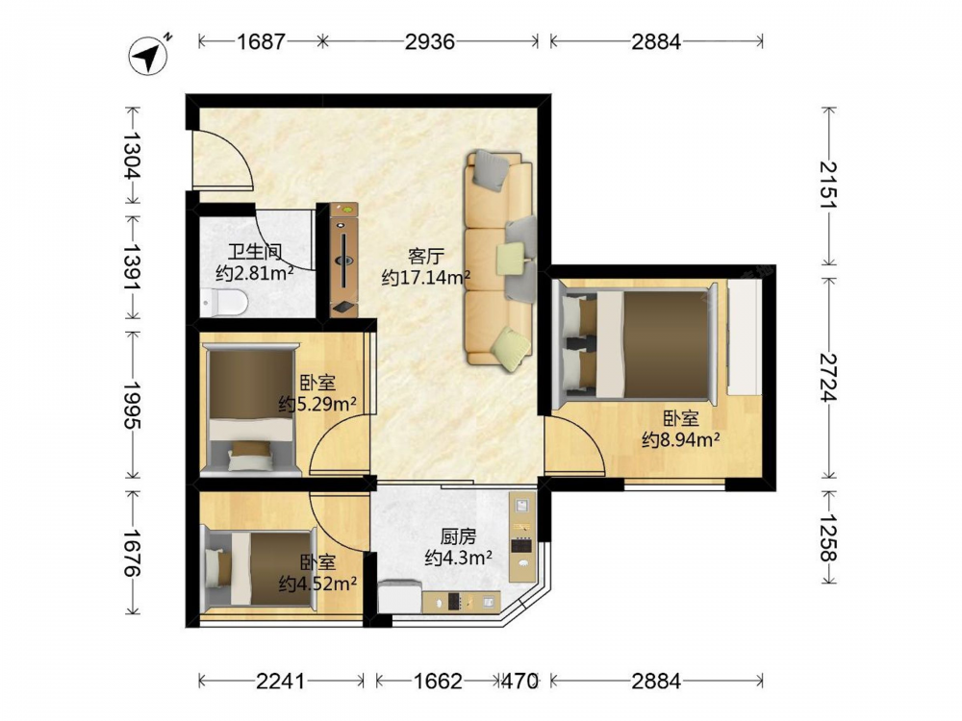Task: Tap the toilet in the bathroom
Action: (x=223, y=302)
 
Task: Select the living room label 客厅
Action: (x=426, y=257)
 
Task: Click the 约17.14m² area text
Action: (x=426, y=277)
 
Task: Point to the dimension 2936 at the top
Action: (x=430, y=41)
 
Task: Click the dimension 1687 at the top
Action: (x=262, y=41)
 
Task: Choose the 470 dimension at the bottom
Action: (x=520, y=681)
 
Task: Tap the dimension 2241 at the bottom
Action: (x=280, y=681)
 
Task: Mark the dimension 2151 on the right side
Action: (x=829, y=185)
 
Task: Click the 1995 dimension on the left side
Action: (x=133, y=406)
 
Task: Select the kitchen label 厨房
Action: (x=458, y=537)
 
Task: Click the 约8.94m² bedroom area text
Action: (x=681, y=439)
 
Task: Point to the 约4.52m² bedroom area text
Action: (x=317, y=584)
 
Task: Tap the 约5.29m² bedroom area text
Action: (x=317, y=404)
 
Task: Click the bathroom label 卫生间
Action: (x=255, y=252)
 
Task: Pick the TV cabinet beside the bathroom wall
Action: (x=343, y=260)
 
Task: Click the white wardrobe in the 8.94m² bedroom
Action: (x=745, y=337)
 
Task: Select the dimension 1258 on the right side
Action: (x=829, y=537)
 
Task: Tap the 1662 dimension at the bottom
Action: (x=438, y=681)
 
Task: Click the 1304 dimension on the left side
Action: (x=133, y=156)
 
